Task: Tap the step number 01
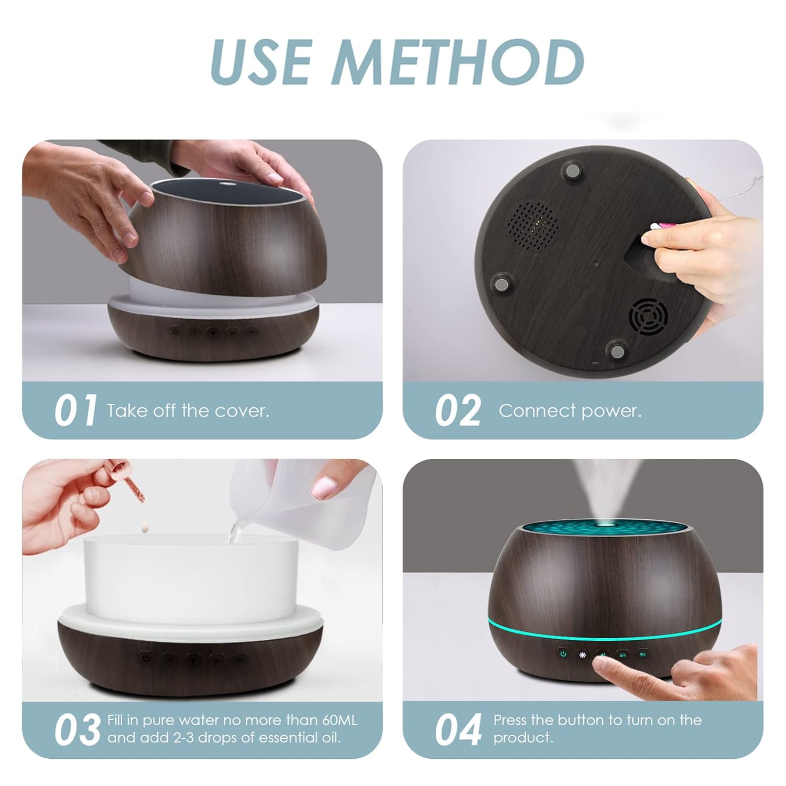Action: point(75,410)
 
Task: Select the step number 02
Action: point(457,410)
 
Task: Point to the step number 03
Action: point(77,729)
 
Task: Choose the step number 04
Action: point(458,729)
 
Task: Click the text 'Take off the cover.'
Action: point(188,410)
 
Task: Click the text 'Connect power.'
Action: point(570,410)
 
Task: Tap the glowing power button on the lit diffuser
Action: point(563,653)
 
